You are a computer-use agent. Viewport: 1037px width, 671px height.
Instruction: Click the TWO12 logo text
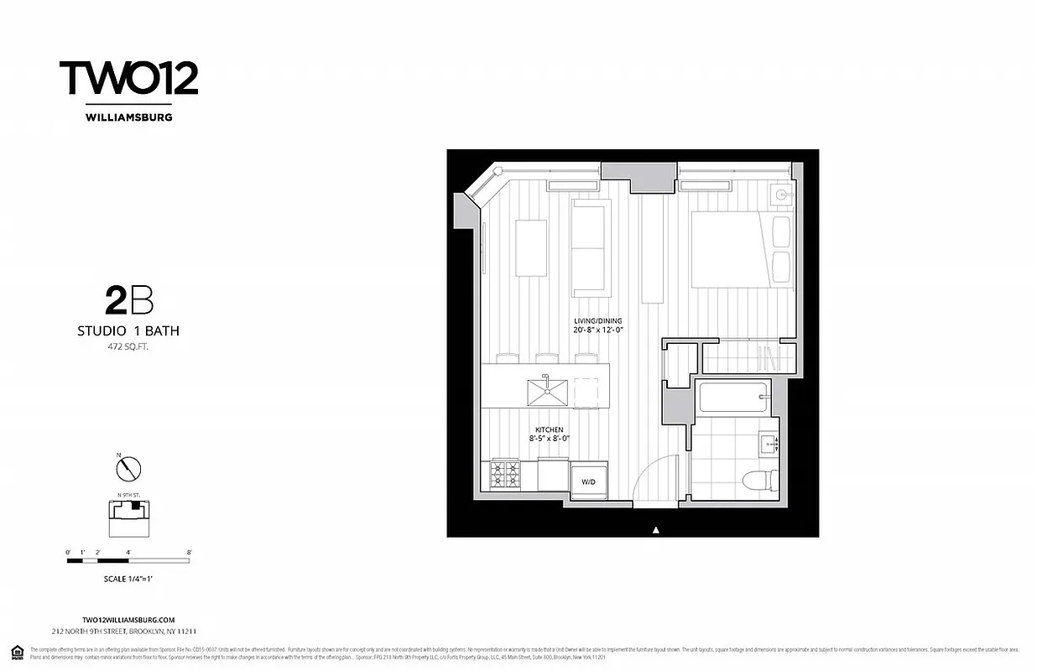click(128, 78)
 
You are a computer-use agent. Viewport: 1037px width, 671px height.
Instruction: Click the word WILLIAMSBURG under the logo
click(128, 117)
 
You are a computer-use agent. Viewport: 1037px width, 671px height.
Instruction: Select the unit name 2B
click(128, 299)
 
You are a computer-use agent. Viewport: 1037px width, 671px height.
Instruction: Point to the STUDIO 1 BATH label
click(128, 331)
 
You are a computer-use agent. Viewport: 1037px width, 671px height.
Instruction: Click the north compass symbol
click(128, 468)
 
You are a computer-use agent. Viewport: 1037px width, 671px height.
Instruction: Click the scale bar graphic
click(128, 560)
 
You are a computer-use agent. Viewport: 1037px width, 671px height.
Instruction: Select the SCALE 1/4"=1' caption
click(128, 579)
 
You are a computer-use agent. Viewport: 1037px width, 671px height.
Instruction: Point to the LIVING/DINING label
click(597, 321)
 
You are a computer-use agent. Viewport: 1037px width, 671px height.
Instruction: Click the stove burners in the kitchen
click(505, 475)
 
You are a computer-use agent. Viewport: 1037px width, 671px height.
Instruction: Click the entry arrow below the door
click(656, 529)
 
